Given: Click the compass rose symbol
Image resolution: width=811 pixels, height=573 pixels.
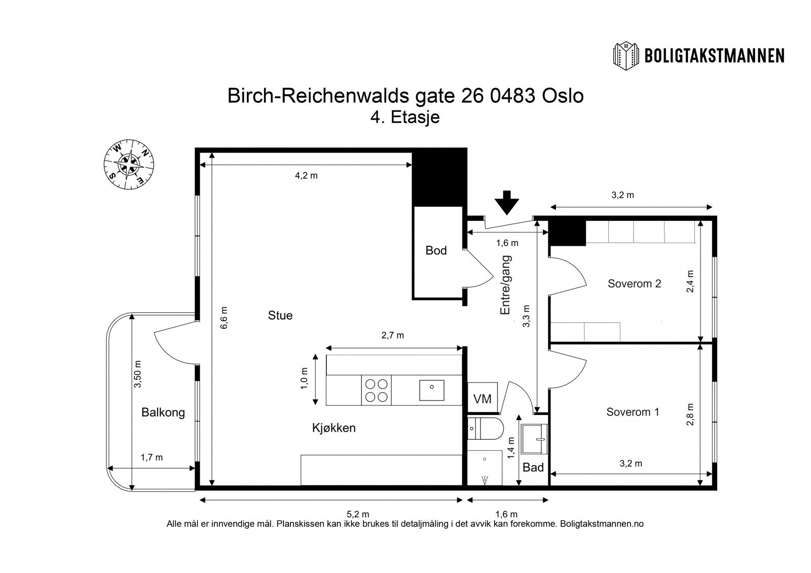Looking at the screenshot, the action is (129, 164).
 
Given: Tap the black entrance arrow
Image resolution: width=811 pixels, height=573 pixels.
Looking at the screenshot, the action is (507, 203).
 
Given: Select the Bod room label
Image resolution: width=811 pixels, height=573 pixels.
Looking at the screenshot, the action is (436, 250).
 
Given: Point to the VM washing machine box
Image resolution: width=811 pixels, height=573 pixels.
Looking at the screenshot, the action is (482, 398).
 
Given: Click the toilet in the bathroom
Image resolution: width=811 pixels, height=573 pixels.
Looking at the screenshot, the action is (485, 429).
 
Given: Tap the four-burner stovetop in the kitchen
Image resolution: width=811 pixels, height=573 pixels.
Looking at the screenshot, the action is (376, 390).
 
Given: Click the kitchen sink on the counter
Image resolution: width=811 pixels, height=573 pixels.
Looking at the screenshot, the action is (431, 390).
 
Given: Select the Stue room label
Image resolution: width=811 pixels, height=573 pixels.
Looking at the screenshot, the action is (280, 315).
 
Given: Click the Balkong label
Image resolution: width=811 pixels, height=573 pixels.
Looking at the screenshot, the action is (163, 412).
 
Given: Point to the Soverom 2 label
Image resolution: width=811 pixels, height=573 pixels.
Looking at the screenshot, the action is (634, 283).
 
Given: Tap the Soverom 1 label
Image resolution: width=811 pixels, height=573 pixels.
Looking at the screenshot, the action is (633, 412).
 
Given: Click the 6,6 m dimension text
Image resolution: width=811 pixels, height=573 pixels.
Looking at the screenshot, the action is (224, 318).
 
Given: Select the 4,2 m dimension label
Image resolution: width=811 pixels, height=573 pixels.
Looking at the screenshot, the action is (306, 176).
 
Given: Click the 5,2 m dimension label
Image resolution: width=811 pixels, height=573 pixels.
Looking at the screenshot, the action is (358, 514).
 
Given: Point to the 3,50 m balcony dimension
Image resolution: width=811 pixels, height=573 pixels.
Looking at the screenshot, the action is (138, 374).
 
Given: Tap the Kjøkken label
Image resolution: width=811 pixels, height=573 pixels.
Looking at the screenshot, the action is (334, 428).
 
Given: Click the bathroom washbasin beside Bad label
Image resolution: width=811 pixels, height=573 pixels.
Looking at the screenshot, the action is (534, 439).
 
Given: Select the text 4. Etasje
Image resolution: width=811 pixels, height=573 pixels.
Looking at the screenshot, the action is (405, 117).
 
